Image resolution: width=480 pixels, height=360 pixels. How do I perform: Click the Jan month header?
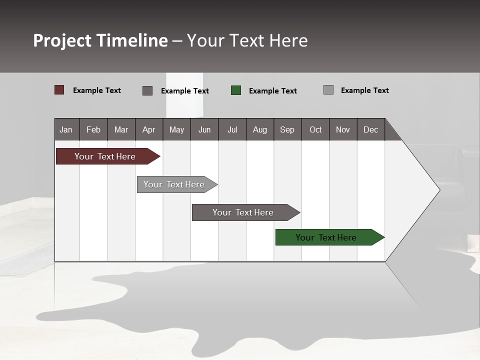66,129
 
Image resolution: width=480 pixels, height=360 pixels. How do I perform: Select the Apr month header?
149,129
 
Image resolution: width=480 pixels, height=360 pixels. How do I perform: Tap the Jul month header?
232,129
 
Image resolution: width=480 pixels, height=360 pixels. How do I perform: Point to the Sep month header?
287,129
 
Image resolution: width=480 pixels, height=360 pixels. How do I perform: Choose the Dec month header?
370,129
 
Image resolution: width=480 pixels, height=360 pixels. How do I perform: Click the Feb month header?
93,129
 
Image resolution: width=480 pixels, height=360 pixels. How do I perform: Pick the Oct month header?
315,129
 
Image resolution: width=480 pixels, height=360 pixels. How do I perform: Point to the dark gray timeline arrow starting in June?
243,212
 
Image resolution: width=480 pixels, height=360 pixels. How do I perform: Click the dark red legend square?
59,90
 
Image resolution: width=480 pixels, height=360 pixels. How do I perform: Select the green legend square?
236,90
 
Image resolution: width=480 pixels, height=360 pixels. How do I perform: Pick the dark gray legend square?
147,90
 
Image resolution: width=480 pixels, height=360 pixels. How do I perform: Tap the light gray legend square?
328,90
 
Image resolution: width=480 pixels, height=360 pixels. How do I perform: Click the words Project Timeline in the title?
100,40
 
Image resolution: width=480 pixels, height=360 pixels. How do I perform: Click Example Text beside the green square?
272,91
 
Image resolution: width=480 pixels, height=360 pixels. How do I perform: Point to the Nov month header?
343,129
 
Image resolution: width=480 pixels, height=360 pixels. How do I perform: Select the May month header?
176,129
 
